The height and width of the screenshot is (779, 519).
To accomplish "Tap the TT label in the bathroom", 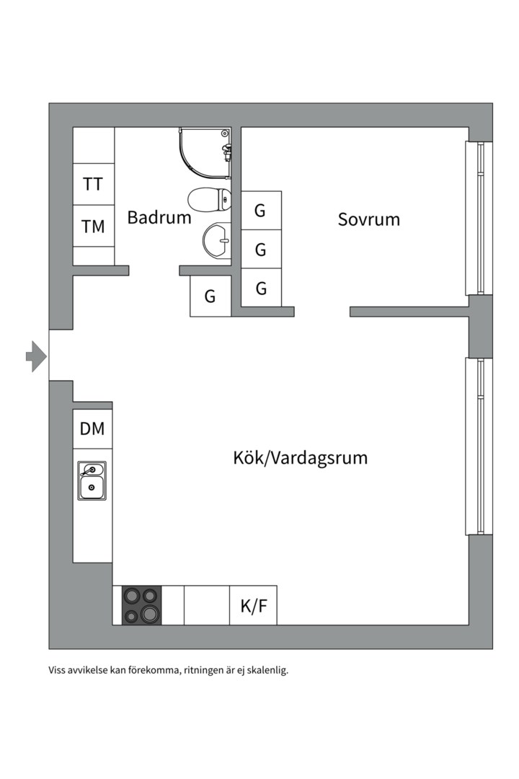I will (93, 184).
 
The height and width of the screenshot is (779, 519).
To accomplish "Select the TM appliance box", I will (93, 226).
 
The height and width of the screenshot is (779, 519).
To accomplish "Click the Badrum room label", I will (159, 217).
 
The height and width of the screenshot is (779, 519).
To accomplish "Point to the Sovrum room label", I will (368, 219).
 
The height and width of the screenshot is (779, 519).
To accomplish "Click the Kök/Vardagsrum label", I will (300, 457).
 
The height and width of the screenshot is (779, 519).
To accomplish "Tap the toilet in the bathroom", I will (209, 198).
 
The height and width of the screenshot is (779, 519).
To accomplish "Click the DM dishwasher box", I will (92, 429).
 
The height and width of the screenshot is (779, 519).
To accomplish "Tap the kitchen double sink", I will (92, 480).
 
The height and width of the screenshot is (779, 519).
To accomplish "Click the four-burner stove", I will (141, 605).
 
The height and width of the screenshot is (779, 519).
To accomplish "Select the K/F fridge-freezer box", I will (253, 606).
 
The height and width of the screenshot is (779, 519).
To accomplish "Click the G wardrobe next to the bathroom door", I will (210, 296).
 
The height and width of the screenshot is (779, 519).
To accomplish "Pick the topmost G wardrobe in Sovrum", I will (260, 211).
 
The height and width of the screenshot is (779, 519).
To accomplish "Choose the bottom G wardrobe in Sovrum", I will (261, 289).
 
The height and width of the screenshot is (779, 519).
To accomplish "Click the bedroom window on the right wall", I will (478, 218).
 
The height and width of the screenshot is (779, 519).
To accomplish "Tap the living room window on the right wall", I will (478, 446).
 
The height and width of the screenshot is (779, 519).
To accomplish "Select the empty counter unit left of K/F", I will (207, 606).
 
